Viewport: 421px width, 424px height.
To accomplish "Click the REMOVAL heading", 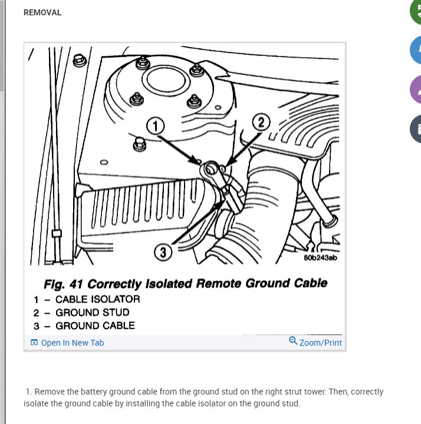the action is click(42, 13).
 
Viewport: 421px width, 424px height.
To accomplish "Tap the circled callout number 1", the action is click(156, 126).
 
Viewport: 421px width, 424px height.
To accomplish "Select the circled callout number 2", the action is click(261, 122).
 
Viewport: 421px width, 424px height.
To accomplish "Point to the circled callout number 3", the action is click(163, 253).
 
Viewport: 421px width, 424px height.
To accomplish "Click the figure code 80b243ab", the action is click(321, 258).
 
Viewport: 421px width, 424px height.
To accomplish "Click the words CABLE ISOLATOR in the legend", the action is click(98, 299).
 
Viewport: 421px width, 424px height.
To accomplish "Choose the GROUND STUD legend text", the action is click(93, 313).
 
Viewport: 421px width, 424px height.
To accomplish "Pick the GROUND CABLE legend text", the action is click(96, 326).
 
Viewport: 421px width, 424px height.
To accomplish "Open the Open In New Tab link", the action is click(73, 343).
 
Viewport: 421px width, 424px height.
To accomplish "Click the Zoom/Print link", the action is click(321, 343).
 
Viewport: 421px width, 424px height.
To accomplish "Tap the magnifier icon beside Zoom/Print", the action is click(293, 341).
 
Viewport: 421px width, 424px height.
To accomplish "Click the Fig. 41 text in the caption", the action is click(63, 284).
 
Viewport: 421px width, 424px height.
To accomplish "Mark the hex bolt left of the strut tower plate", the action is click(80, 61).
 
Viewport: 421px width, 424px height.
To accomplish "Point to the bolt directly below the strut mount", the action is click(140, 144).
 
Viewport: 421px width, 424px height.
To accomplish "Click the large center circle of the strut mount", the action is click(166, 80).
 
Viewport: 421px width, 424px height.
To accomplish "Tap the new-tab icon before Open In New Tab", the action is click(34, 343).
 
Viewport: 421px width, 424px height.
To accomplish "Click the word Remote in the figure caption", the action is click(219, 283).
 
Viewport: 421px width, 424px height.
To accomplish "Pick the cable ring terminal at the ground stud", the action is click(212, 170).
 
